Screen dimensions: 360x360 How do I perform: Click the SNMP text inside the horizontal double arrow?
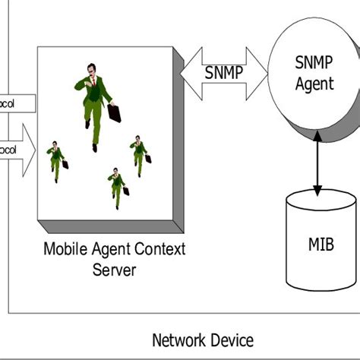click(x=223, y=74)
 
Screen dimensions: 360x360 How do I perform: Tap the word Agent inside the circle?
click(x=314, y=84)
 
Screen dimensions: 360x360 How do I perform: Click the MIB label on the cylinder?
click(x=321, y=245)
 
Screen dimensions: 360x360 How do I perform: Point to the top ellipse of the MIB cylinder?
click(x=321, y=202)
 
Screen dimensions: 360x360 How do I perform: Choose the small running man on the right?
click(x=139, y=154)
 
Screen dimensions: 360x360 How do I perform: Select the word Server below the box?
click(x=114, y=269)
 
